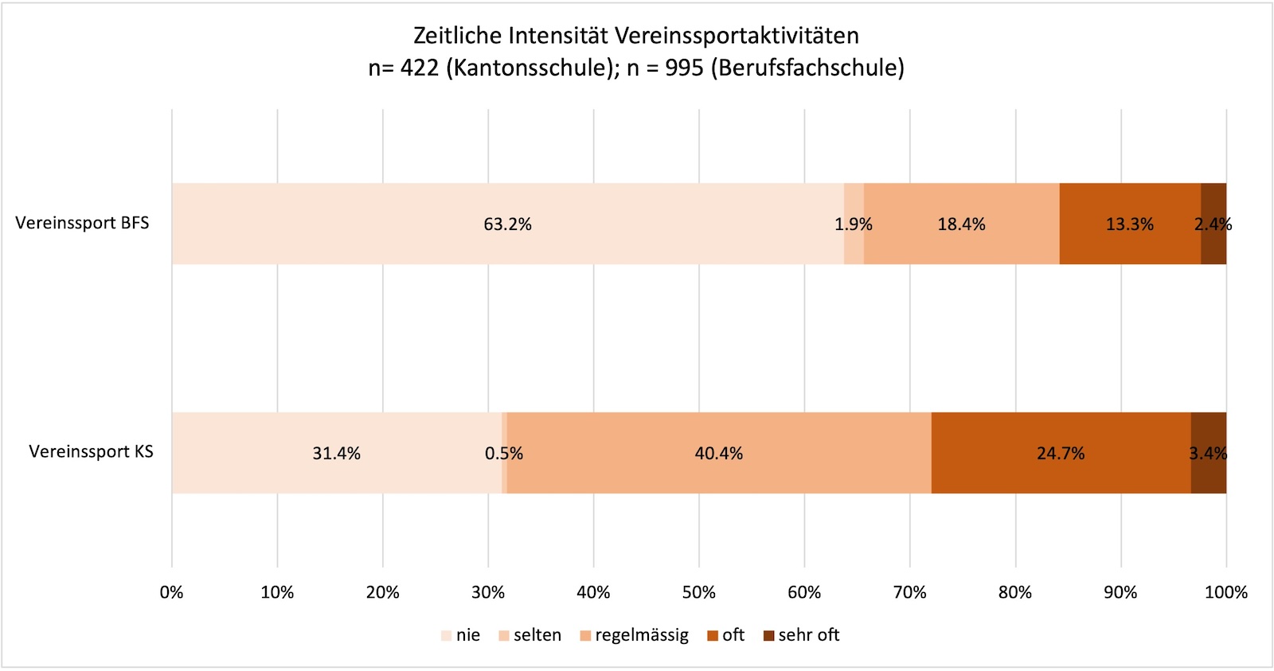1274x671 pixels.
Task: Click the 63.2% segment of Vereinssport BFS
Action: pos(507,224)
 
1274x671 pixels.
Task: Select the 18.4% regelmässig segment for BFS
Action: pos(961,224)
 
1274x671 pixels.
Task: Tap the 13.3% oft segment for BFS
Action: pos(1129,224)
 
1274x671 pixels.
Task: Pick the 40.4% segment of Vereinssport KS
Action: pos(718,453)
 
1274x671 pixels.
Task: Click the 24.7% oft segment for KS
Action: pos(1060,453)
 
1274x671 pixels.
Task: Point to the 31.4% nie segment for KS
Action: pos(336,453)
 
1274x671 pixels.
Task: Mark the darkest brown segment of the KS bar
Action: pos(1209,453)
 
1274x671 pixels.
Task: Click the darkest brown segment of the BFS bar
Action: pos(1213,224)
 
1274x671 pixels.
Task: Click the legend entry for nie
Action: pos(461,635)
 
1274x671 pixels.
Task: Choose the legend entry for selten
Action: pos(530,635)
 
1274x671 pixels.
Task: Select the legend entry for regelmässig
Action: pos(635,635)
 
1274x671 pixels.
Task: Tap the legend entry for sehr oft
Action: pos(802,635)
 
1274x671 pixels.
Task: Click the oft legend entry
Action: pos(726,635)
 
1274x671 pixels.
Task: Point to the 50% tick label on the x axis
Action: pos(698,592)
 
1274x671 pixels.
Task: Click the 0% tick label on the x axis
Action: pos(172,592)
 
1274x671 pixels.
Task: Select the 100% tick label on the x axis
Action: pos(1225,592)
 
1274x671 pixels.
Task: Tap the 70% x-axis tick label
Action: pos(909,592)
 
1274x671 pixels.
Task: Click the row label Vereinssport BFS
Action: pos(82,223)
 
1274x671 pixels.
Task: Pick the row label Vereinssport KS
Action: pos(91,451)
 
